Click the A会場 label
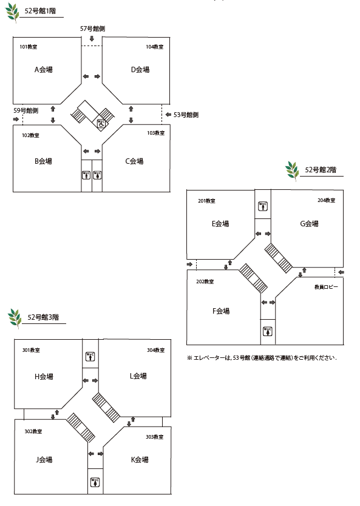(x=43, y=69)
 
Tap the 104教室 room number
(x=155, y=47)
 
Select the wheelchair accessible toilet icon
(x=101, y=123)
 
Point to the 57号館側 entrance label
(x=92, y=29)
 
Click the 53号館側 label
(x=186, y=115)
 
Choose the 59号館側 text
(x=26, y=110)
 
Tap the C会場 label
(x=134, y=161)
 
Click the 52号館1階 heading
(x=40, y=11)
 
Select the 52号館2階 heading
(x=321, y=170)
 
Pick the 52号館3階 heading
(x=43, y=317)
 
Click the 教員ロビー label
(x=326, y=287)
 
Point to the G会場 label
(x=310, y=224)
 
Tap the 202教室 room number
(x=205, y=282)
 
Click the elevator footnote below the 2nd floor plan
(x=262, y=357)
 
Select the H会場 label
(x=44, y=376)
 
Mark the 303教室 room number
(x=155, y=437)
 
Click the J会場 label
(x=44, y=459)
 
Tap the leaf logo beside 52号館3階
(x=15, y=318)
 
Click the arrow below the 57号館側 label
(x=92, y=39)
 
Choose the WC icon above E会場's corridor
(x=263, y=206)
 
